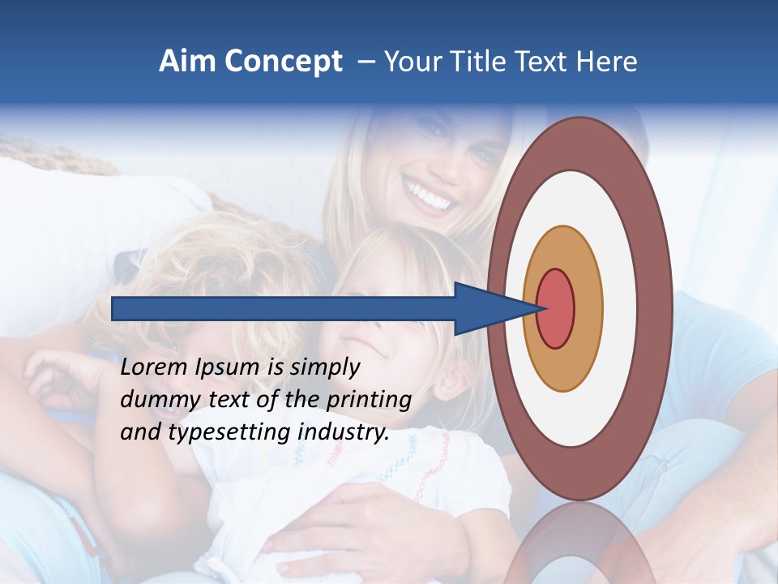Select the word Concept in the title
(x=281, y=62)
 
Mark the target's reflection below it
(x=579, y=543)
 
